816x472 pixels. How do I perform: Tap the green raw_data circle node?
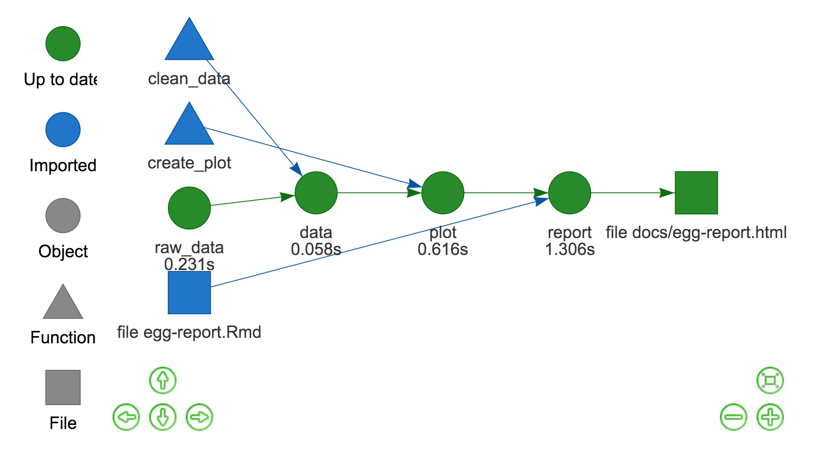pyautogui.click(x=189, y=208)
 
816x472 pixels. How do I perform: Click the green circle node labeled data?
pyautogui.click(x=316, y=193)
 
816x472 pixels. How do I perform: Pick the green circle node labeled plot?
pyautogui.click(x=442, y=193)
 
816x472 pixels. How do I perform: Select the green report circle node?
pyautogui.click(x=569, y=193)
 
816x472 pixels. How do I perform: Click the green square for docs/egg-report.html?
pyautogui.click(x=696, y=193)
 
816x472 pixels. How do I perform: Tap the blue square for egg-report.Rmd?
pyautogui.click(x=189, y=293)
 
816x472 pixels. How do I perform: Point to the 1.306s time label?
pyautogui.click(x=569, y=250)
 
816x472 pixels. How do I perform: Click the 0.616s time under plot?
pyautogui.click(x=442, y=250)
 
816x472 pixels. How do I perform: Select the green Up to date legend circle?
pyautogui.click(x=63, y=43)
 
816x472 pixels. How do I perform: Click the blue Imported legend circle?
pyautogui.click(x=63, y=130)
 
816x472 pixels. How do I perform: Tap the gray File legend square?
pyautogui.click(x=63, y=387)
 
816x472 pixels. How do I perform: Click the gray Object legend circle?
pyautogui.click(x=63, y=216)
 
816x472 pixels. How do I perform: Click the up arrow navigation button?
pyautogui.click(x=163, y=380)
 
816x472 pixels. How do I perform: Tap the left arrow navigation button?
pyautogui.click(x=126, y=417)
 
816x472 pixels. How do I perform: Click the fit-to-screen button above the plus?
pyautogui.click(x=770, y=380)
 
